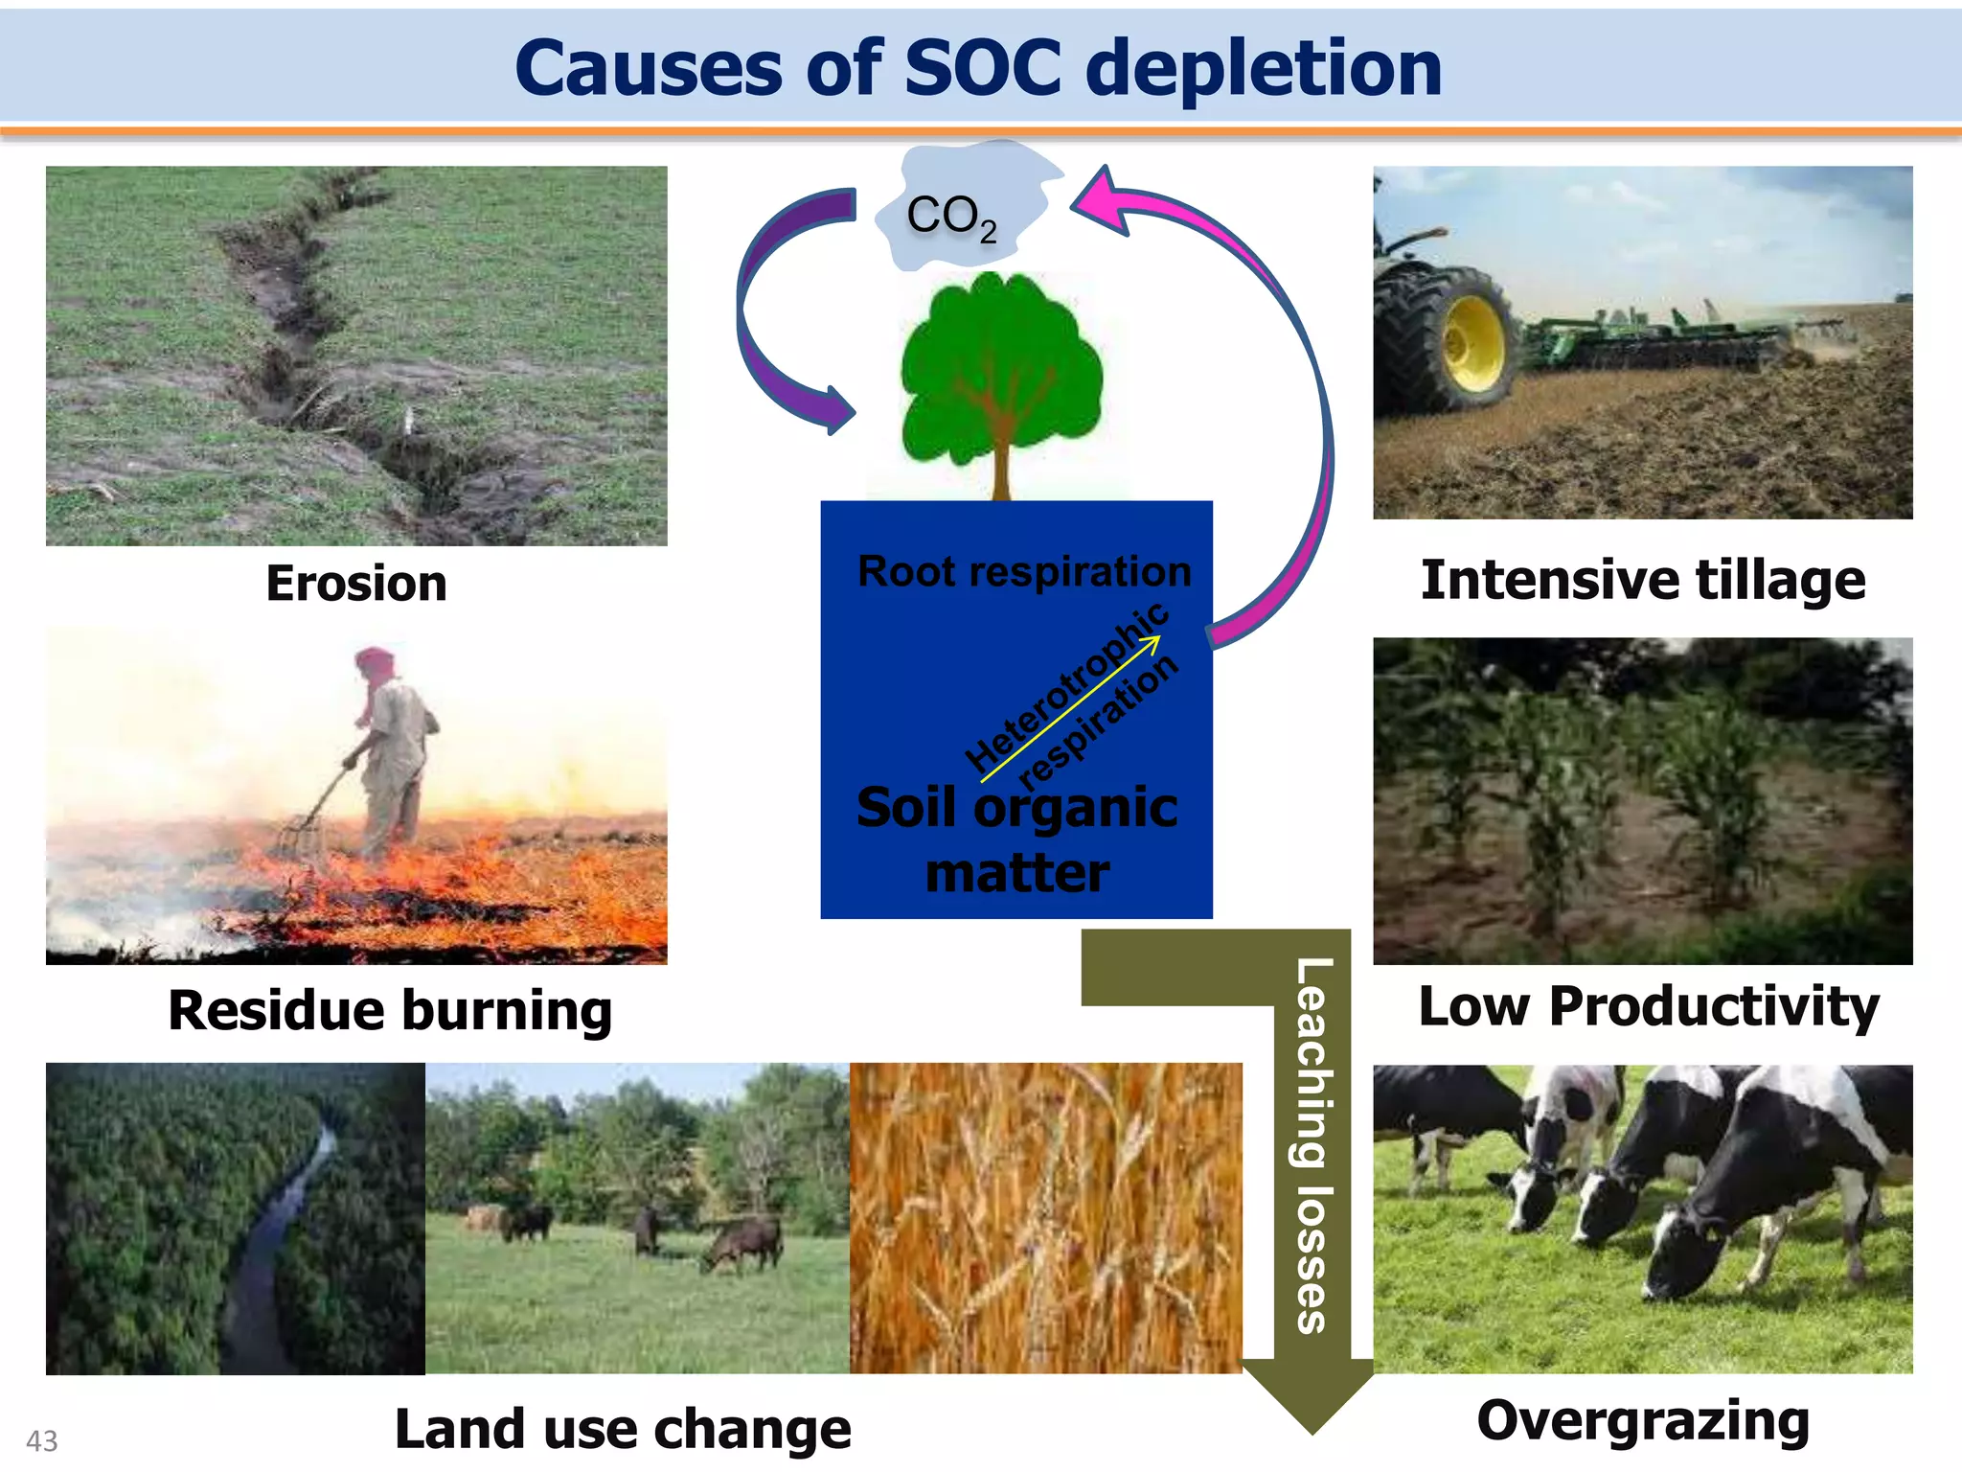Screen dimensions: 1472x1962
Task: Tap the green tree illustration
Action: [x=1000, y=369]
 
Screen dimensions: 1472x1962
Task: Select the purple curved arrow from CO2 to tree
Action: [x=757, y=316]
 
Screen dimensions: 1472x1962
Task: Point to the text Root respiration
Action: [x=1023, y=572]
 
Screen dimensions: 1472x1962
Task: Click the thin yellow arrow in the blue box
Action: [x=1068, y=709]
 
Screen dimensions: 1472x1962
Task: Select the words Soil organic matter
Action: [x=1016, y=839]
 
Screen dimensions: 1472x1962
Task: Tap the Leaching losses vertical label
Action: [x=1312, y=1145]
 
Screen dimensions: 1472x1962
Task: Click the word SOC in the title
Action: [x=983, y=69]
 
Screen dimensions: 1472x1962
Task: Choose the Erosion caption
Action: [x=356, y=584]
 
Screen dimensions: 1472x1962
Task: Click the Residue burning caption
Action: [x=390, y=1011]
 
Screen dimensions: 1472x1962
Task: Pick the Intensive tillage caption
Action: [x=1642, y=581]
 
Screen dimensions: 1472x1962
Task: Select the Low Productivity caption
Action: [x=1647, y=1006]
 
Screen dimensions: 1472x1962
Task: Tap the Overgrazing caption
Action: [x=1642, y=1420]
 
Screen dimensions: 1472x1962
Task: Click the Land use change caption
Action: [x=623, y=1429]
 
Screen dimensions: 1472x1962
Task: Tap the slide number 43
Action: [x=42, y=1440]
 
